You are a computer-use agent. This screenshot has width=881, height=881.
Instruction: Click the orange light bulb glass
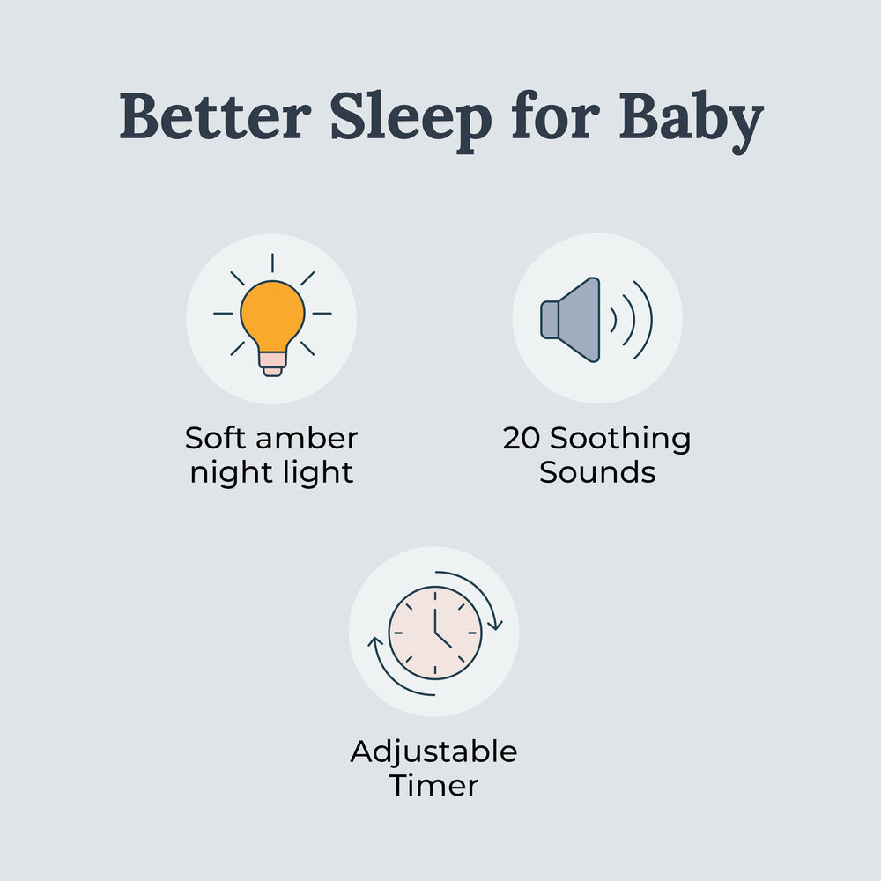pos(272,313)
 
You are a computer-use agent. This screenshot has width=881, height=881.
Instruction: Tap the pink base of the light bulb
pos(272,360)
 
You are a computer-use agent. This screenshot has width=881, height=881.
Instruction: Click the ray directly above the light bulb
pos(272,263)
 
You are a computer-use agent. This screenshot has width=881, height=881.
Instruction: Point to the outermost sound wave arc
pos(646,319)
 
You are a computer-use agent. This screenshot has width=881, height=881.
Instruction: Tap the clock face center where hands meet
pos(435,633)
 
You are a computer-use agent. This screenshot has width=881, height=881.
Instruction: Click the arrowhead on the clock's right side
pos(495,625)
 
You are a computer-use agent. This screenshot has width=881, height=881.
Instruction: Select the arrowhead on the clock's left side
pos(374,642)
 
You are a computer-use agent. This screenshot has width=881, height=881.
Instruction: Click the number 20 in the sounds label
pos(521,439)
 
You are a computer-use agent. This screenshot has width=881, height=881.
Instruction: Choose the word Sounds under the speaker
pos(597,472)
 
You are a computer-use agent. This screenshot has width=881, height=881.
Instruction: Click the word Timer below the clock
pos(433,785)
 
